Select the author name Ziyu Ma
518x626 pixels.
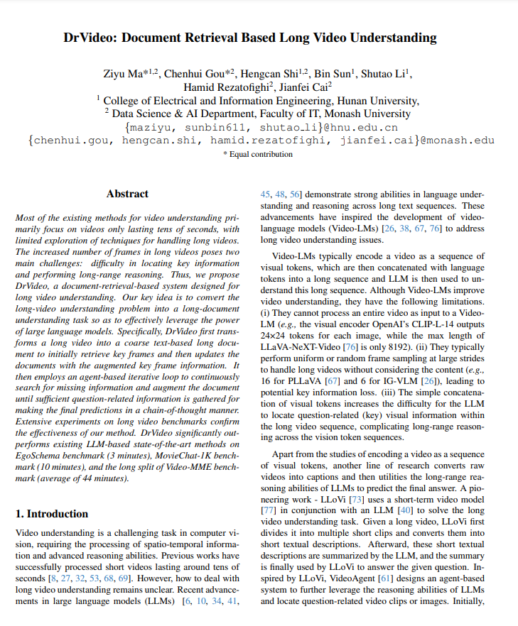point(125,73)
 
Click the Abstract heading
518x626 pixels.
point(127,194)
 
